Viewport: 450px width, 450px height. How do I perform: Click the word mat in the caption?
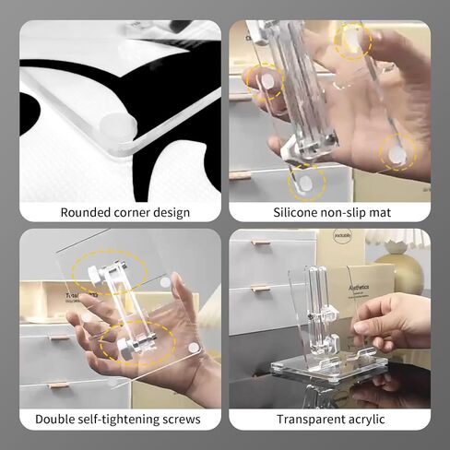(x=381, y=213)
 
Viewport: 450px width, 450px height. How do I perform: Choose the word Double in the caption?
(x=53, y=420)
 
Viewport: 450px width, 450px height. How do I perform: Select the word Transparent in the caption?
(x=312, y=420)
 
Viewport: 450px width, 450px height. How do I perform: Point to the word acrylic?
(x=367, y=420)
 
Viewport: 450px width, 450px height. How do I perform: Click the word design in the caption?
(x=172, y=213)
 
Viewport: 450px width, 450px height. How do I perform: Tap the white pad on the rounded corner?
(x=119, y=127)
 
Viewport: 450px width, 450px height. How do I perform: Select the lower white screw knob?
(x=125, y=350)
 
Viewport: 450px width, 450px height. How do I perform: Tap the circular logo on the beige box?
(x=338, y=236)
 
